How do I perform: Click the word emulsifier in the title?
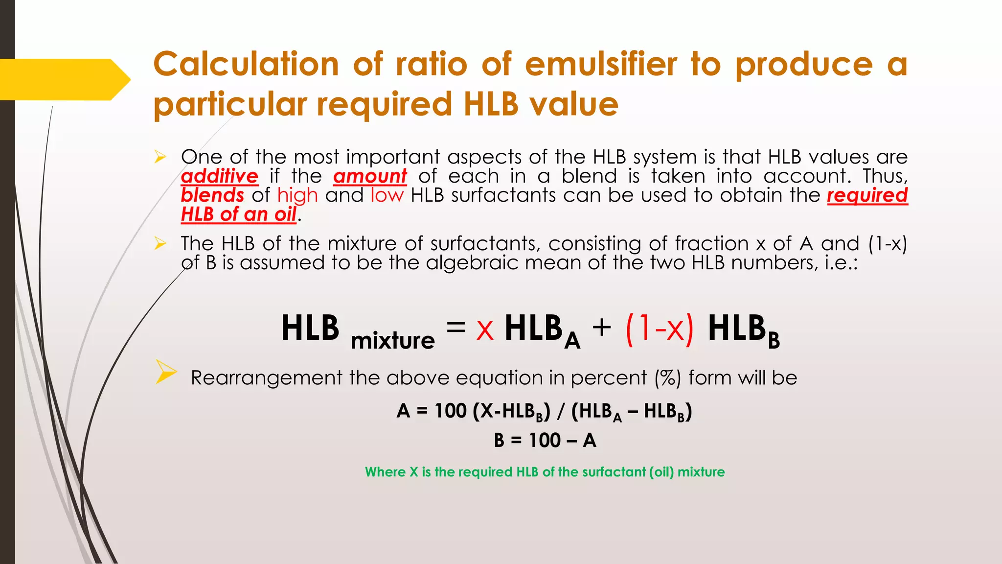(x=601, y=65)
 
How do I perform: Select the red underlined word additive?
(x=219, y=176)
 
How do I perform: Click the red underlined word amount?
(x=370, y=176)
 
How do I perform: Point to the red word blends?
(x=212, y=195)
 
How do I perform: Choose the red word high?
(x=297, y=195)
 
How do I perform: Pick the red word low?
(x=387, y=195)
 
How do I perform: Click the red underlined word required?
(x=867, y=195)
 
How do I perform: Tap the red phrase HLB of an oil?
(x=239, y=214)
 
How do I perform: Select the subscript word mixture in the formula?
(x=392, y=340)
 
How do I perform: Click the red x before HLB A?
(x=485, y=329)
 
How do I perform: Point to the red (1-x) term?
(x=660, y=329)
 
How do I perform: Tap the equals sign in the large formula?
(x=455, y=327)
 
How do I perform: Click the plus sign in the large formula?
(x=602, y=327)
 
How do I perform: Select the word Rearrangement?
(x=267, y=378)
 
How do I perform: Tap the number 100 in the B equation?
(x=545, y=441)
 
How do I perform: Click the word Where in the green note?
(x=386, y=472)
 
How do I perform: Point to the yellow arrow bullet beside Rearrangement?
(x=166, y=372)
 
